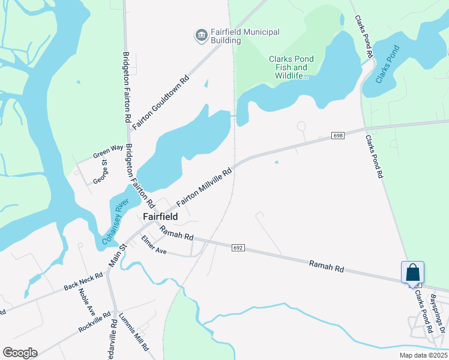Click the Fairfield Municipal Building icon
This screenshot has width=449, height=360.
(200, 36)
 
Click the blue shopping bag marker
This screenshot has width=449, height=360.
(412, 273)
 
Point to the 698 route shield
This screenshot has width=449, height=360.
(337, 136)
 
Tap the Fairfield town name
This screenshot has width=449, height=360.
(160, 217)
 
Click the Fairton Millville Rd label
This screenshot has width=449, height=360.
(204, 187)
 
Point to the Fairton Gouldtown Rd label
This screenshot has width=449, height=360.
(161, 102)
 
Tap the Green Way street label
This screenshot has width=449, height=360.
(108, 151)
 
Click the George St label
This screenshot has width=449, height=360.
(100, 171)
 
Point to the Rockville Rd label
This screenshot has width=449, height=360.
(94, 322)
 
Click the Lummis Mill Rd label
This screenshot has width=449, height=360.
(134, 332)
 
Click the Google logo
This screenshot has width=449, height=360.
(20, 353)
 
